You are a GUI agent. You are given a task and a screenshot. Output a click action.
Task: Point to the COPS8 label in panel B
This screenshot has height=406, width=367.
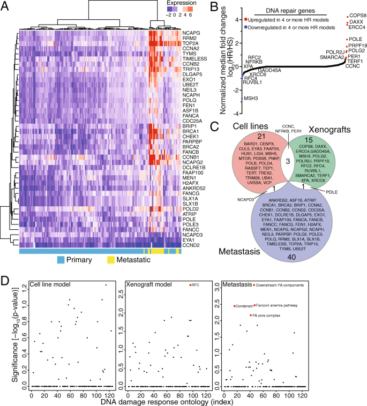pos(357,15)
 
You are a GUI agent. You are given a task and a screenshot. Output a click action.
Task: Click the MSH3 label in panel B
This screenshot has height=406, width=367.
pos(251,99)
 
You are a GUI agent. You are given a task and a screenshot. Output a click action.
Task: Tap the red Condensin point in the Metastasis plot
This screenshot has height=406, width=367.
pos(234,306)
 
